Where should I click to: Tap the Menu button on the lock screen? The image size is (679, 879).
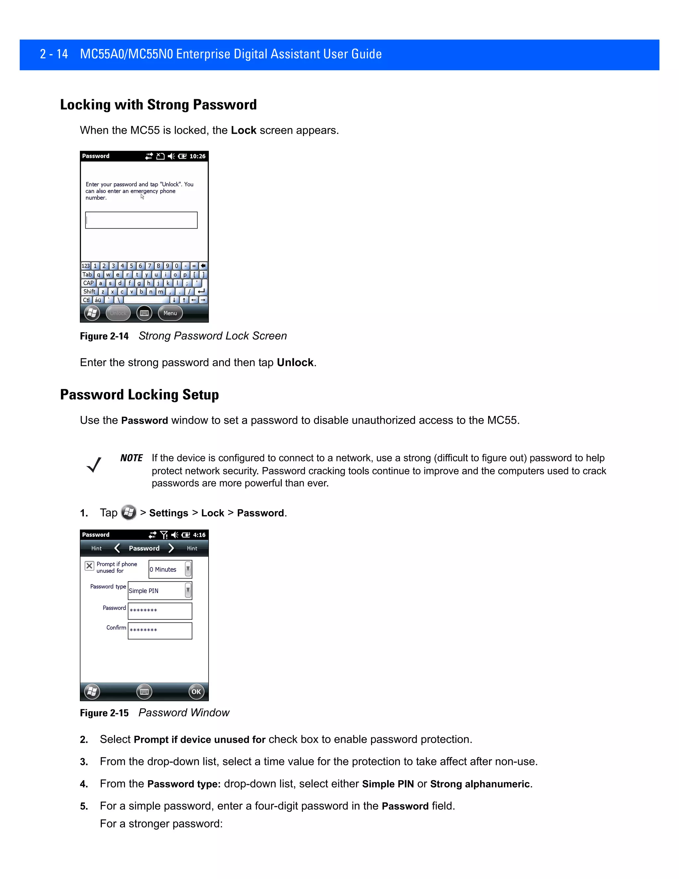[170, 313]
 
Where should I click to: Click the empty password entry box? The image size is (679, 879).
[141, 220]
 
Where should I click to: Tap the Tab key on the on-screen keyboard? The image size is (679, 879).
[87, 275]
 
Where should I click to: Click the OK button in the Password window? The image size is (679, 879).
[196, 692]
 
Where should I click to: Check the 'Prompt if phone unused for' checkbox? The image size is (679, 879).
[89, 566]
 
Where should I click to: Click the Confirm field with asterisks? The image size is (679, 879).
[160, 631]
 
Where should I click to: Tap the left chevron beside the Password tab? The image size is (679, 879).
[117, 548]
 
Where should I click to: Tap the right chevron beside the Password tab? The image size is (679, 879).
[171, 548]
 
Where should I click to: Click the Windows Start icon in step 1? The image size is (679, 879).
[129, 512]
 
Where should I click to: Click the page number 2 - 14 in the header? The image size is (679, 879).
[54, 54]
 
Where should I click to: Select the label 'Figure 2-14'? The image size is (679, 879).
[104, 336]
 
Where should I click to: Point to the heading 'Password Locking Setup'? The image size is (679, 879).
[139, 395]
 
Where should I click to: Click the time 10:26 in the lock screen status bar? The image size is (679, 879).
[198, 156]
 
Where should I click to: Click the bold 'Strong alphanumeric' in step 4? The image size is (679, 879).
[480, 784]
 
